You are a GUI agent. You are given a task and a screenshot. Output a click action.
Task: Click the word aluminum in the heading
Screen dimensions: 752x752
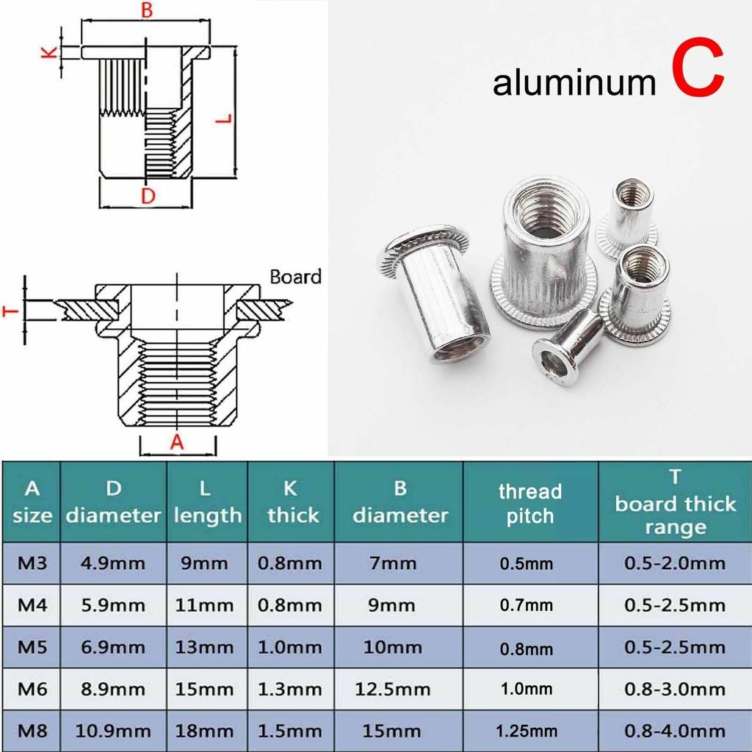tap(574, 83)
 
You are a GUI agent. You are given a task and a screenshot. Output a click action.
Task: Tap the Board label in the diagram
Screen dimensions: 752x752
tap(295, 277)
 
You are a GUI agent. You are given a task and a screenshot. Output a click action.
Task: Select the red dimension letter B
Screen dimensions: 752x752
tap(147, 10)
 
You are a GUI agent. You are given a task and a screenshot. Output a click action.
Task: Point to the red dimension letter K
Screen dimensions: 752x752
tap(48, 53)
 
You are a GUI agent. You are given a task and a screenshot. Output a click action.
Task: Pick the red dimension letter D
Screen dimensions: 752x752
tap(148, 196)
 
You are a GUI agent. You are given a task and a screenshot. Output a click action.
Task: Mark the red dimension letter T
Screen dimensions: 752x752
tap(10, 310)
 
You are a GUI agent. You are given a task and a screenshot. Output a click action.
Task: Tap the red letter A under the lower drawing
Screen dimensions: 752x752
tap(176, 441)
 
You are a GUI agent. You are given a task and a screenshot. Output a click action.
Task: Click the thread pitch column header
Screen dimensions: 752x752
tap(529, 503)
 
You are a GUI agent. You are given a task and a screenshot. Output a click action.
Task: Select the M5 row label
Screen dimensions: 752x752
tap(32, 648)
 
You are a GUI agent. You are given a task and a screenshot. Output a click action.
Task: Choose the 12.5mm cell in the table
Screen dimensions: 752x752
tap(393, 690)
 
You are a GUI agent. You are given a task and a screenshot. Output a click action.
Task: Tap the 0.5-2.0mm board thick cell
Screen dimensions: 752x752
tap(674, 564)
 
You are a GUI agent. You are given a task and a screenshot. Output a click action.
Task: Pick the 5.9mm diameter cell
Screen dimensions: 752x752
tap(112, 606)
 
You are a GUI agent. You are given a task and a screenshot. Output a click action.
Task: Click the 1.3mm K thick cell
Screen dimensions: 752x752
tap(289, 690)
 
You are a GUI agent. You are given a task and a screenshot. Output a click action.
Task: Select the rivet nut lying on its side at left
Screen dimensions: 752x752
tap(436, 294)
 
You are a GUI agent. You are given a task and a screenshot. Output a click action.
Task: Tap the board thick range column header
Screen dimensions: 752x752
tap(674, 503)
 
